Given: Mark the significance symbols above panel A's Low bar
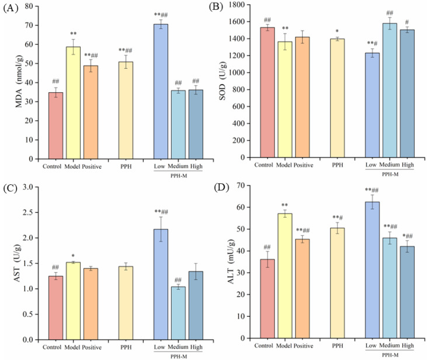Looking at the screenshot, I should [x=161, y=15].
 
